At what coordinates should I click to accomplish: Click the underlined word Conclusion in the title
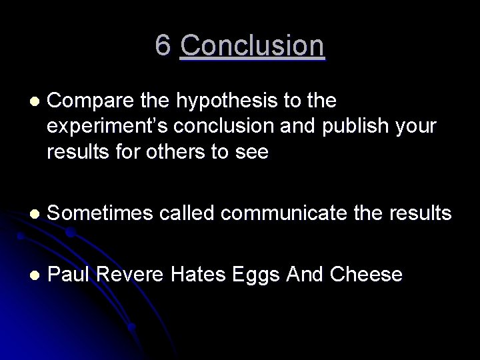point(252,45)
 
